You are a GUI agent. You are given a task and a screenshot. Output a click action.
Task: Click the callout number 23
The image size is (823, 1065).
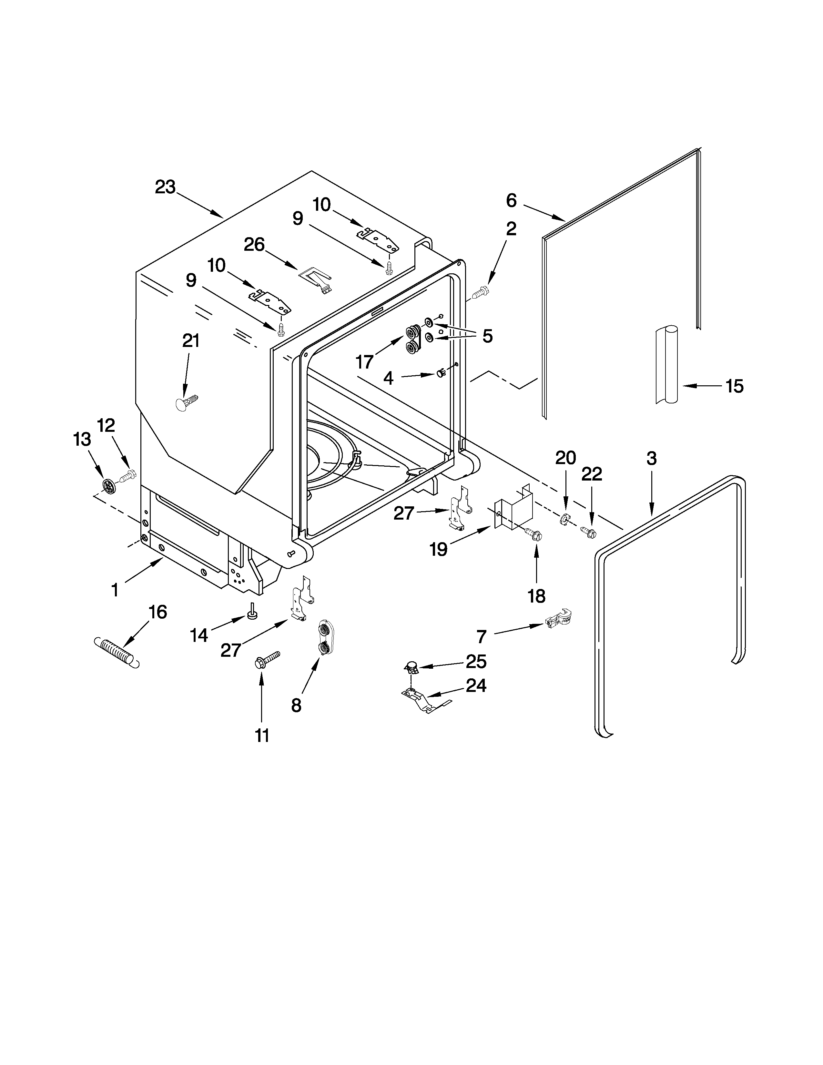coord(165,187)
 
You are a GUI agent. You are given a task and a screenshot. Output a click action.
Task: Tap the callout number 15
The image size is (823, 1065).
coord(734,386)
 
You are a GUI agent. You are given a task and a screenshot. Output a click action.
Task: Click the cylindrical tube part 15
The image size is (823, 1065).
coord(666,365)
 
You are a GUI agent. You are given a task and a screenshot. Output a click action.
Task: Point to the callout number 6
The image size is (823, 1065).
coord(511,200)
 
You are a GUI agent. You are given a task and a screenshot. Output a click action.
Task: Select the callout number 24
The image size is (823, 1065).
coord(476,685)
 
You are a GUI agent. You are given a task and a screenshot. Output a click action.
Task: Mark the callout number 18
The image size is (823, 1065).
coord(536,596)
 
